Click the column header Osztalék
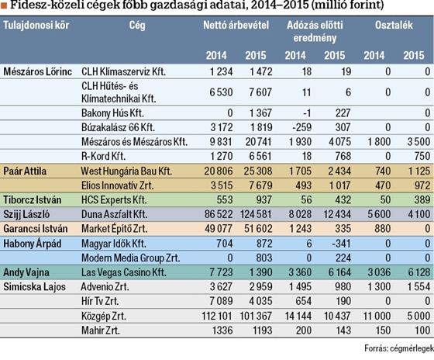[394, 26]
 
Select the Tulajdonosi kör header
[36, 26]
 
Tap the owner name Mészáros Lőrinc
[37, 72]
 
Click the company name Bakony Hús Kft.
[112, 113]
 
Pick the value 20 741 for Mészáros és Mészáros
[259, 142]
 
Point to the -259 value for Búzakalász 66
[301, 127]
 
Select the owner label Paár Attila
[25, 171]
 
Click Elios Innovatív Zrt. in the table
[117, 185]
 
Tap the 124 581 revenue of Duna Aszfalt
[256, 214]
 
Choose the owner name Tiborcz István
[32, 200]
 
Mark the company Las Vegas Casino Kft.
[124, 272]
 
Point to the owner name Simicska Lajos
[34, 287]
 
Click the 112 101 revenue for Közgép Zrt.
[217, 316]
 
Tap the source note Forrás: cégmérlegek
[399, 348]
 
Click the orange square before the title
[4, 5]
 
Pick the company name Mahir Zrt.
[101, 331]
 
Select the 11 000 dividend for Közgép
[377, 316]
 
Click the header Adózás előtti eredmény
[315, 32]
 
